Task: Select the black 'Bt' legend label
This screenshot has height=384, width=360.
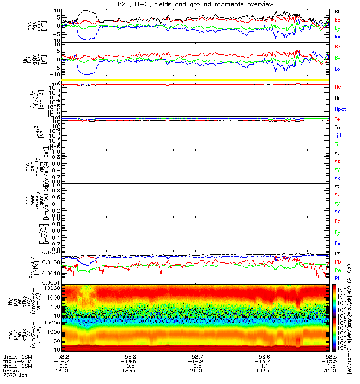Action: point(338,11)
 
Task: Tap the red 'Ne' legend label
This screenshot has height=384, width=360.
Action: point(338,87)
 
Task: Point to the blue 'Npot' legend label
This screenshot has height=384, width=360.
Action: point(340,109)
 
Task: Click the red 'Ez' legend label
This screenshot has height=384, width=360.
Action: point(338,222)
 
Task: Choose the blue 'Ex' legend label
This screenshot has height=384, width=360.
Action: point(338,244)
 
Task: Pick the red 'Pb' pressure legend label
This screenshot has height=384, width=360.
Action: point(338,262)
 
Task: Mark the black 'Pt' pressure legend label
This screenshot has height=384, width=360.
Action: point(338,253)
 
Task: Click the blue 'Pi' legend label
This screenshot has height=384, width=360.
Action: point(337,278)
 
